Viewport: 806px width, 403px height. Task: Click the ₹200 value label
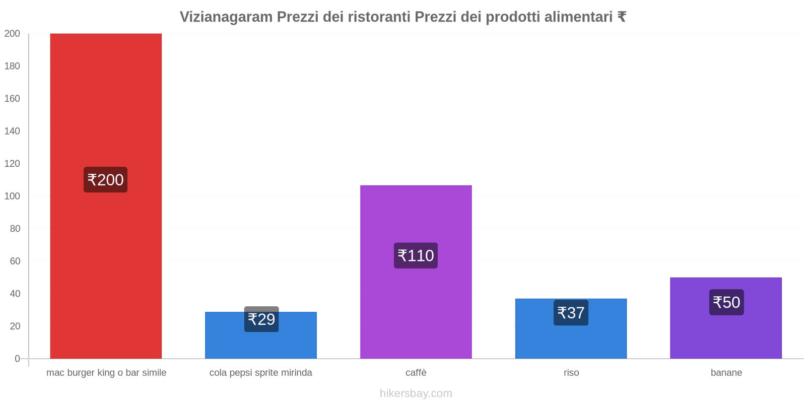105,180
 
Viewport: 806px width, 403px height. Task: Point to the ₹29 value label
261,319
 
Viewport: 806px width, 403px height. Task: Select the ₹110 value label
416,256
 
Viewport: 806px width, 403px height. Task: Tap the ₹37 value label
571,313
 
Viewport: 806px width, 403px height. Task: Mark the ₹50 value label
726,302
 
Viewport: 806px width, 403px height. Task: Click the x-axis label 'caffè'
416,373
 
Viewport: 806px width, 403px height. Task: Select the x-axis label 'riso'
571,373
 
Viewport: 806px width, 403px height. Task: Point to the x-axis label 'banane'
726,373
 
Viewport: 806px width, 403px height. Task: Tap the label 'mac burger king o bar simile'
106,373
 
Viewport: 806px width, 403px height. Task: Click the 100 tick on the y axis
12,196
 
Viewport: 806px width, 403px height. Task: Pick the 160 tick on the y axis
12,99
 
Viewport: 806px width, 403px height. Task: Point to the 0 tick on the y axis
17,359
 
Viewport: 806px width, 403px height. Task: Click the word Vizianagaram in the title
226,17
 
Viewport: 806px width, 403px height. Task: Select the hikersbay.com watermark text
416,393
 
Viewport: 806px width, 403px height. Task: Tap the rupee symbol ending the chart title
622,17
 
